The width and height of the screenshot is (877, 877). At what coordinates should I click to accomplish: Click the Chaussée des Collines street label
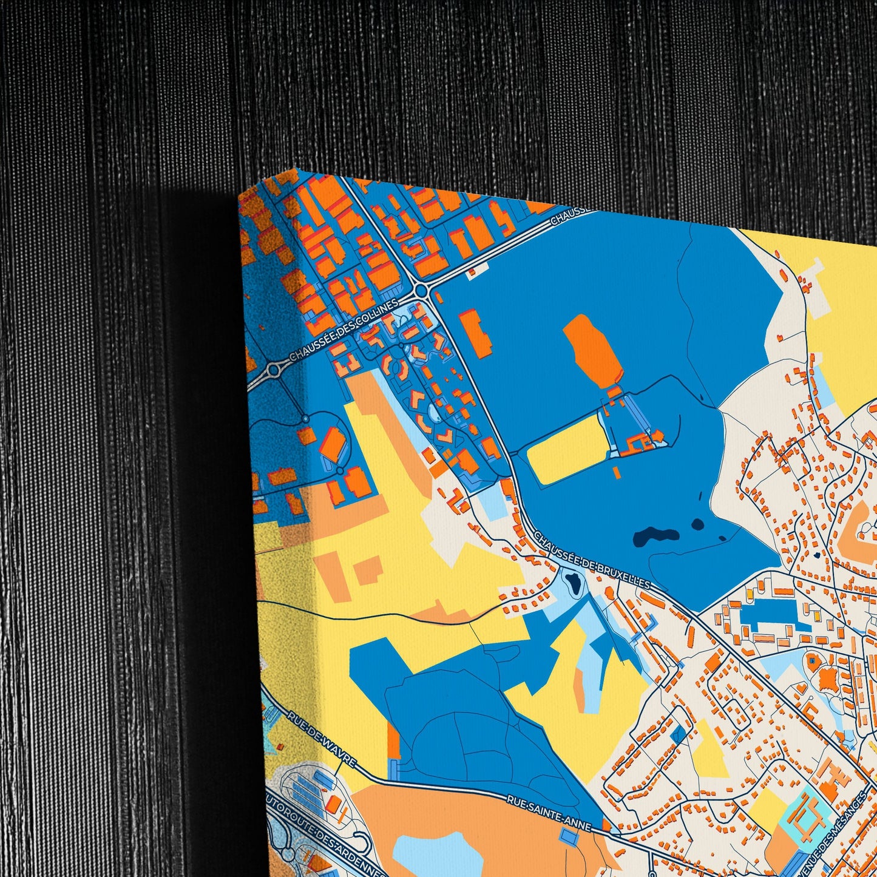pos(344,330)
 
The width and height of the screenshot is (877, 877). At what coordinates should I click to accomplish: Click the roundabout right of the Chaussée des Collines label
pos(421,291)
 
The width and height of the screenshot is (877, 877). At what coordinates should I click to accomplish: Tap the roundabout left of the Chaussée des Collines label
pos(274,368)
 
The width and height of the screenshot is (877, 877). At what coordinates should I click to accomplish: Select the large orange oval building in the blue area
pos(591,353)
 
